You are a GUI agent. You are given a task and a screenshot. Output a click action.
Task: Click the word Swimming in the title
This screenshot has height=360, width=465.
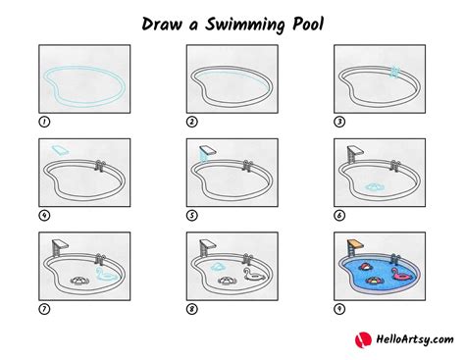click(x=244, y=25)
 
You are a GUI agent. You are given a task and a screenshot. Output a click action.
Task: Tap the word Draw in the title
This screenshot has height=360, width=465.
click(x=162, y=24)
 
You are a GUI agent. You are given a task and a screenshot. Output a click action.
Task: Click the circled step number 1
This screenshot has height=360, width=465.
click(x=44, y=122)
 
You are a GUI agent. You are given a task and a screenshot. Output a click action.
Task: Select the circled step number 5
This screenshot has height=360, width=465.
click(x=192, y=216)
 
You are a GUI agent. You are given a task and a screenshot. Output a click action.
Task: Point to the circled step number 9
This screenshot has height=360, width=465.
click(x=339, y=309)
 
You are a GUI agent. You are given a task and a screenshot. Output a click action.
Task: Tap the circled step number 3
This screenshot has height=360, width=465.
click(x=339, y=122)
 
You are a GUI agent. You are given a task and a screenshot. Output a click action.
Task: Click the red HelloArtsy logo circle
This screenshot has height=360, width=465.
click(x=363, y=339)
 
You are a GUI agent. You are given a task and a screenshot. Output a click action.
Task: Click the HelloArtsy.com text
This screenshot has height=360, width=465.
click(x=415, y=339)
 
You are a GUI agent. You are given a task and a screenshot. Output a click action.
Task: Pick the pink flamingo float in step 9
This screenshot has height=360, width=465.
click(x=403, y=274)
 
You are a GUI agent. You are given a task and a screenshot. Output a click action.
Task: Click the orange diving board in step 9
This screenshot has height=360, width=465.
click(x=356, y=244)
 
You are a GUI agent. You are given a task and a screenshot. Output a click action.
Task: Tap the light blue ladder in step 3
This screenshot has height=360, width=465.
click(x=394, y=72)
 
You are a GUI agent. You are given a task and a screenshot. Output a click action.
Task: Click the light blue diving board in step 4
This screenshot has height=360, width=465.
click(x=60, y=150)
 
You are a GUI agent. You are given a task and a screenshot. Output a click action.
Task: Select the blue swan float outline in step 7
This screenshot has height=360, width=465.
click(x=106, y=274)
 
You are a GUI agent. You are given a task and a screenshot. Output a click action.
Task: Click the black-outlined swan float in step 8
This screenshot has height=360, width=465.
click(x=254, y=274)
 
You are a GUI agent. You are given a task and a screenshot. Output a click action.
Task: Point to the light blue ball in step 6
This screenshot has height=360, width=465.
click(x=374, y=187)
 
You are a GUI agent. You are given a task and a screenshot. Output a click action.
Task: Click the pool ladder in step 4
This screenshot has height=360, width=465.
click(x=100, y=166)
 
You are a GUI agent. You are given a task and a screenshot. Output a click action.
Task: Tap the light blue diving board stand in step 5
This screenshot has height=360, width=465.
click(x=204, y=156)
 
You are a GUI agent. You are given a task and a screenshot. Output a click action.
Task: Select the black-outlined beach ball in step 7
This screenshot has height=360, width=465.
click(x=78, y=281)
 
